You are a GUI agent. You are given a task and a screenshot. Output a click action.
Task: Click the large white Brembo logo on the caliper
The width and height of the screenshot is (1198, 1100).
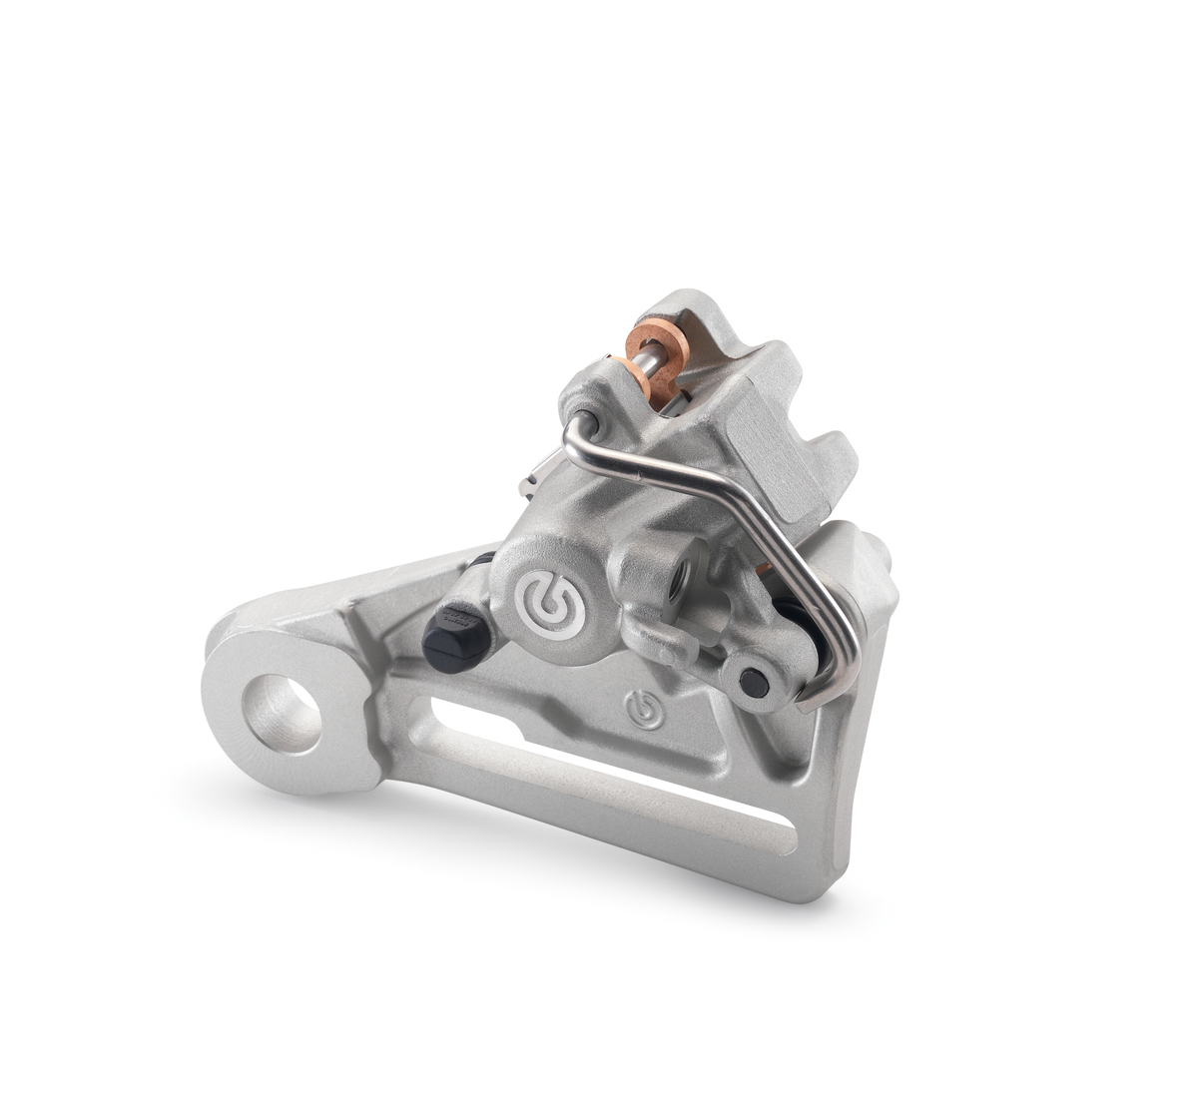click(550, 603)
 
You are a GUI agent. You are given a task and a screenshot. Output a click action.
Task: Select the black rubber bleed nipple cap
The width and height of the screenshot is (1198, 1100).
click(452, 639)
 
